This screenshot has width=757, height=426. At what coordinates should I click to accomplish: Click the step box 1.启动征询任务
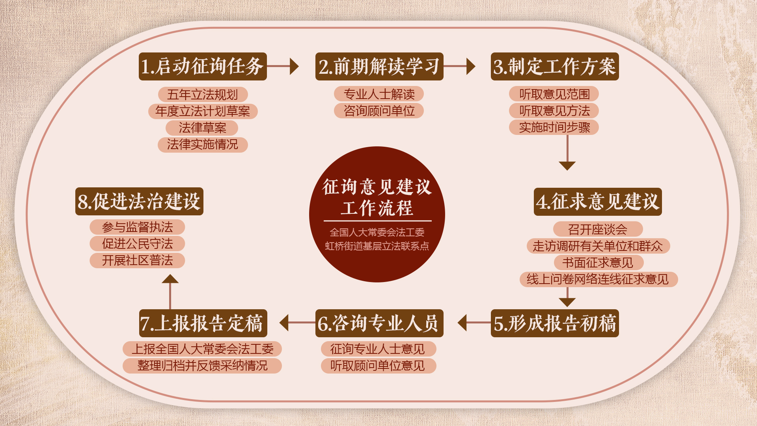(203, 66)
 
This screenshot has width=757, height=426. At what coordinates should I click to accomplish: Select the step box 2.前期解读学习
(379, 66)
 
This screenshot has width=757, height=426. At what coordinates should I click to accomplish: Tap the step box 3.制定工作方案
(554, 66)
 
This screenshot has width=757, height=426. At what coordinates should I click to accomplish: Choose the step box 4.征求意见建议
(597, 202)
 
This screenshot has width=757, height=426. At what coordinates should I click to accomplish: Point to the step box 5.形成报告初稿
(554, 323)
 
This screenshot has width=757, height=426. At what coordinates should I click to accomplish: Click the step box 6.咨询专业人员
(379, 323)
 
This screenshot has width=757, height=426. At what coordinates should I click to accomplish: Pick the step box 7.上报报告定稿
(203, 323)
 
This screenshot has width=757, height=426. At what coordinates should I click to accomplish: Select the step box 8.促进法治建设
(139, 201)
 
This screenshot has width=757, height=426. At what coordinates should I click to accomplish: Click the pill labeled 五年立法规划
(203, 95)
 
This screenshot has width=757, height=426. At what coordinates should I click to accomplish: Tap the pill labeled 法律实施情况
(203, 144)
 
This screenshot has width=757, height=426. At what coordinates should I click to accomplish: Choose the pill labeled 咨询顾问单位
(379, 111)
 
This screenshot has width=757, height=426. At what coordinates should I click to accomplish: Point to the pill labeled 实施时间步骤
(554, 127)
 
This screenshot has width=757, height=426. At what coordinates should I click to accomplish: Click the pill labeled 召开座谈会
(598, 229)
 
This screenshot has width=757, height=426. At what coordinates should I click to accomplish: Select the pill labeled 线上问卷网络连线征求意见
(598, 279)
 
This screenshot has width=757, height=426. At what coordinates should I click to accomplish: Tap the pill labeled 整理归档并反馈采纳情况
(202, 366)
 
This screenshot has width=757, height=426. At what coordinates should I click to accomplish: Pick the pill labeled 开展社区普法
(137, 260)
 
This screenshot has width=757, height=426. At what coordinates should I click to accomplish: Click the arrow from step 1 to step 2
(283, 66)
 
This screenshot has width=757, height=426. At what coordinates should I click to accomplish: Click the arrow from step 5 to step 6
(474, 323)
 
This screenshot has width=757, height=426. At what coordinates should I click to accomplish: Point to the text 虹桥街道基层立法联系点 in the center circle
(377, 246)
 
